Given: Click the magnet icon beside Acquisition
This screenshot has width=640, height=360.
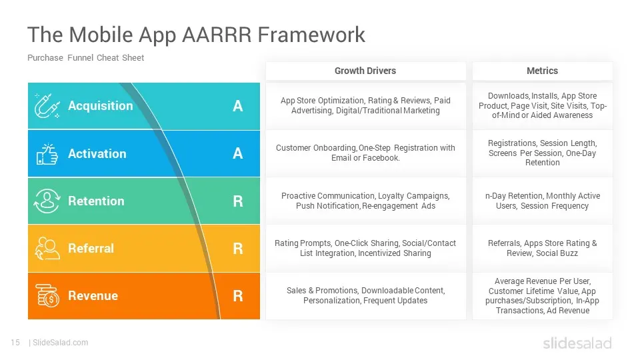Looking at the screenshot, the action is click(47, 106).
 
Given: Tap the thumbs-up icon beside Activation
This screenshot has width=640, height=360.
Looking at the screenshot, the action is click(47, 154).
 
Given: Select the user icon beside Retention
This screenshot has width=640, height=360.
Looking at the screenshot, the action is click(47, 201).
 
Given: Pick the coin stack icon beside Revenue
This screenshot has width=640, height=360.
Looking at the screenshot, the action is click(47, 295).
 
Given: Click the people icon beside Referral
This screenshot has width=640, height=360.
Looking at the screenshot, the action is click(47, 248).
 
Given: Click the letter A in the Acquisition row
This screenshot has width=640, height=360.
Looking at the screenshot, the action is click(237, 106).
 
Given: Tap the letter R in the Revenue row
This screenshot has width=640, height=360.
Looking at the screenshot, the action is click(237, 296).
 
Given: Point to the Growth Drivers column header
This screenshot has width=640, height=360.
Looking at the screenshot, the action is click(365, 71).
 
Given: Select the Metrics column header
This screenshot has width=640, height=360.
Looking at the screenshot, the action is click(542, 71).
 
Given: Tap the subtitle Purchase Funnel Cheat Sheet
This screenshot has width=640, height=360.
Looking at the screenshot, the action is click(86, 57).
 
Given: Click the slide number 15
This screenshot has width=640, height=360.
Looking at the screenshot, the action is click(15, 343).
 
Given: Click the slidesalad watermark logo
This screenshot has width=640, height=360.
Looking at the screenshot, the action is click(577, 343).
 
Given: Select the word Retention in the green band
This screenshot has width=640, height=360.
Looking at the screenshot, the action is click(96, 201).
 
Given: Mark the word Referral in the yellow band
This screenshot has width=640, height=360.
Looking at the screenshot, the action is click(91, 248).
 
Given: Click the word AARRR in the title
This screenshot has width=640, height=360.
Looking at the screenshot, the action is click(216, 34).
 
